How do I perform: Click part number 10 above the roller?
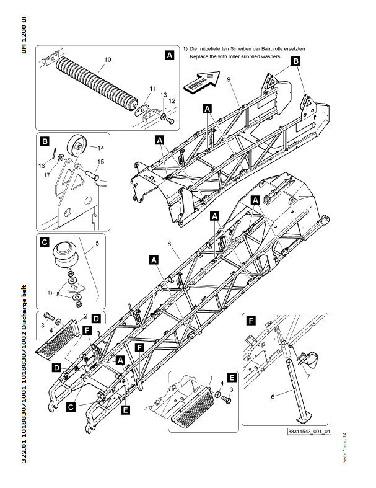(107, 60)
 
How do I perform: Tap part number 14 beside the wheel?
(100, 148)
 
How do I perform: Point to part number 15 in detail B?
(100, 162)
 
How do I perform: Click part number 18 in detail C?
(58, 295)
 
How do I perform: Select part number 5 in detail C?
(97, 244)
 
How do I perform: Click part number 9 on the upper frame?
(228, 81)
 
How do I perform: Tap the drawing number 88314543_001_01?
(309, 431)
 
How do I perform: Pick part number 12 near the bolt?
(172, 100)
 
